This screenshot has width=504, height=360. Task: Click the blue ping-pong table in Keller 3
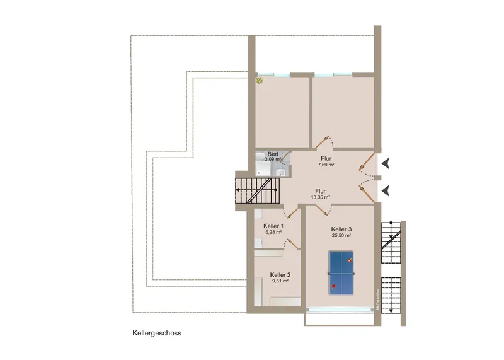342,272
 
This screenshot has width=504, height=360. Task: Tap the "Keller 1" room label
273,226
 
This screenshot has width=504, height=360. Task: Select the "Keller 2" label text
280,275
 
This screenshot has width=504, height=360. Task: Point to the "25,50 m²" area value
341,235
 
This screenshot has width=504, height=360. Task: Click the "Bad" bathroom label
273,154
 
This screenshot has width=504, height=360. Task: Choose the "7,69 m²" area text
326,165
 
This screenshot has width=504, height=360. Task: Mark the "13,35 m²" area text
321,197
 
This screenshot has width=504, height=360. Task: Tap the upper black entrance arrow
386,163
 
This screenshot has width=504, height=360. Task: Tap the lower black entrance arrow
386,188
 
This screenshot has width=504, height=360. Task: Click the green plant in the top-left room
259,81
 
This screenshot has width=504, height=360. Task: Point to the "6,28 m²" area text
273,232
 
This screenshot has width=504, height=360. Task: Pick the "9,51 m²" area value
280,281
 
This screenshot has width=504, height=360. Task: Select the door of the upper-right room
325,141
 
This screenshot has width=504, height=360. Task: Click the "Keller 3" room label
341,229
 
